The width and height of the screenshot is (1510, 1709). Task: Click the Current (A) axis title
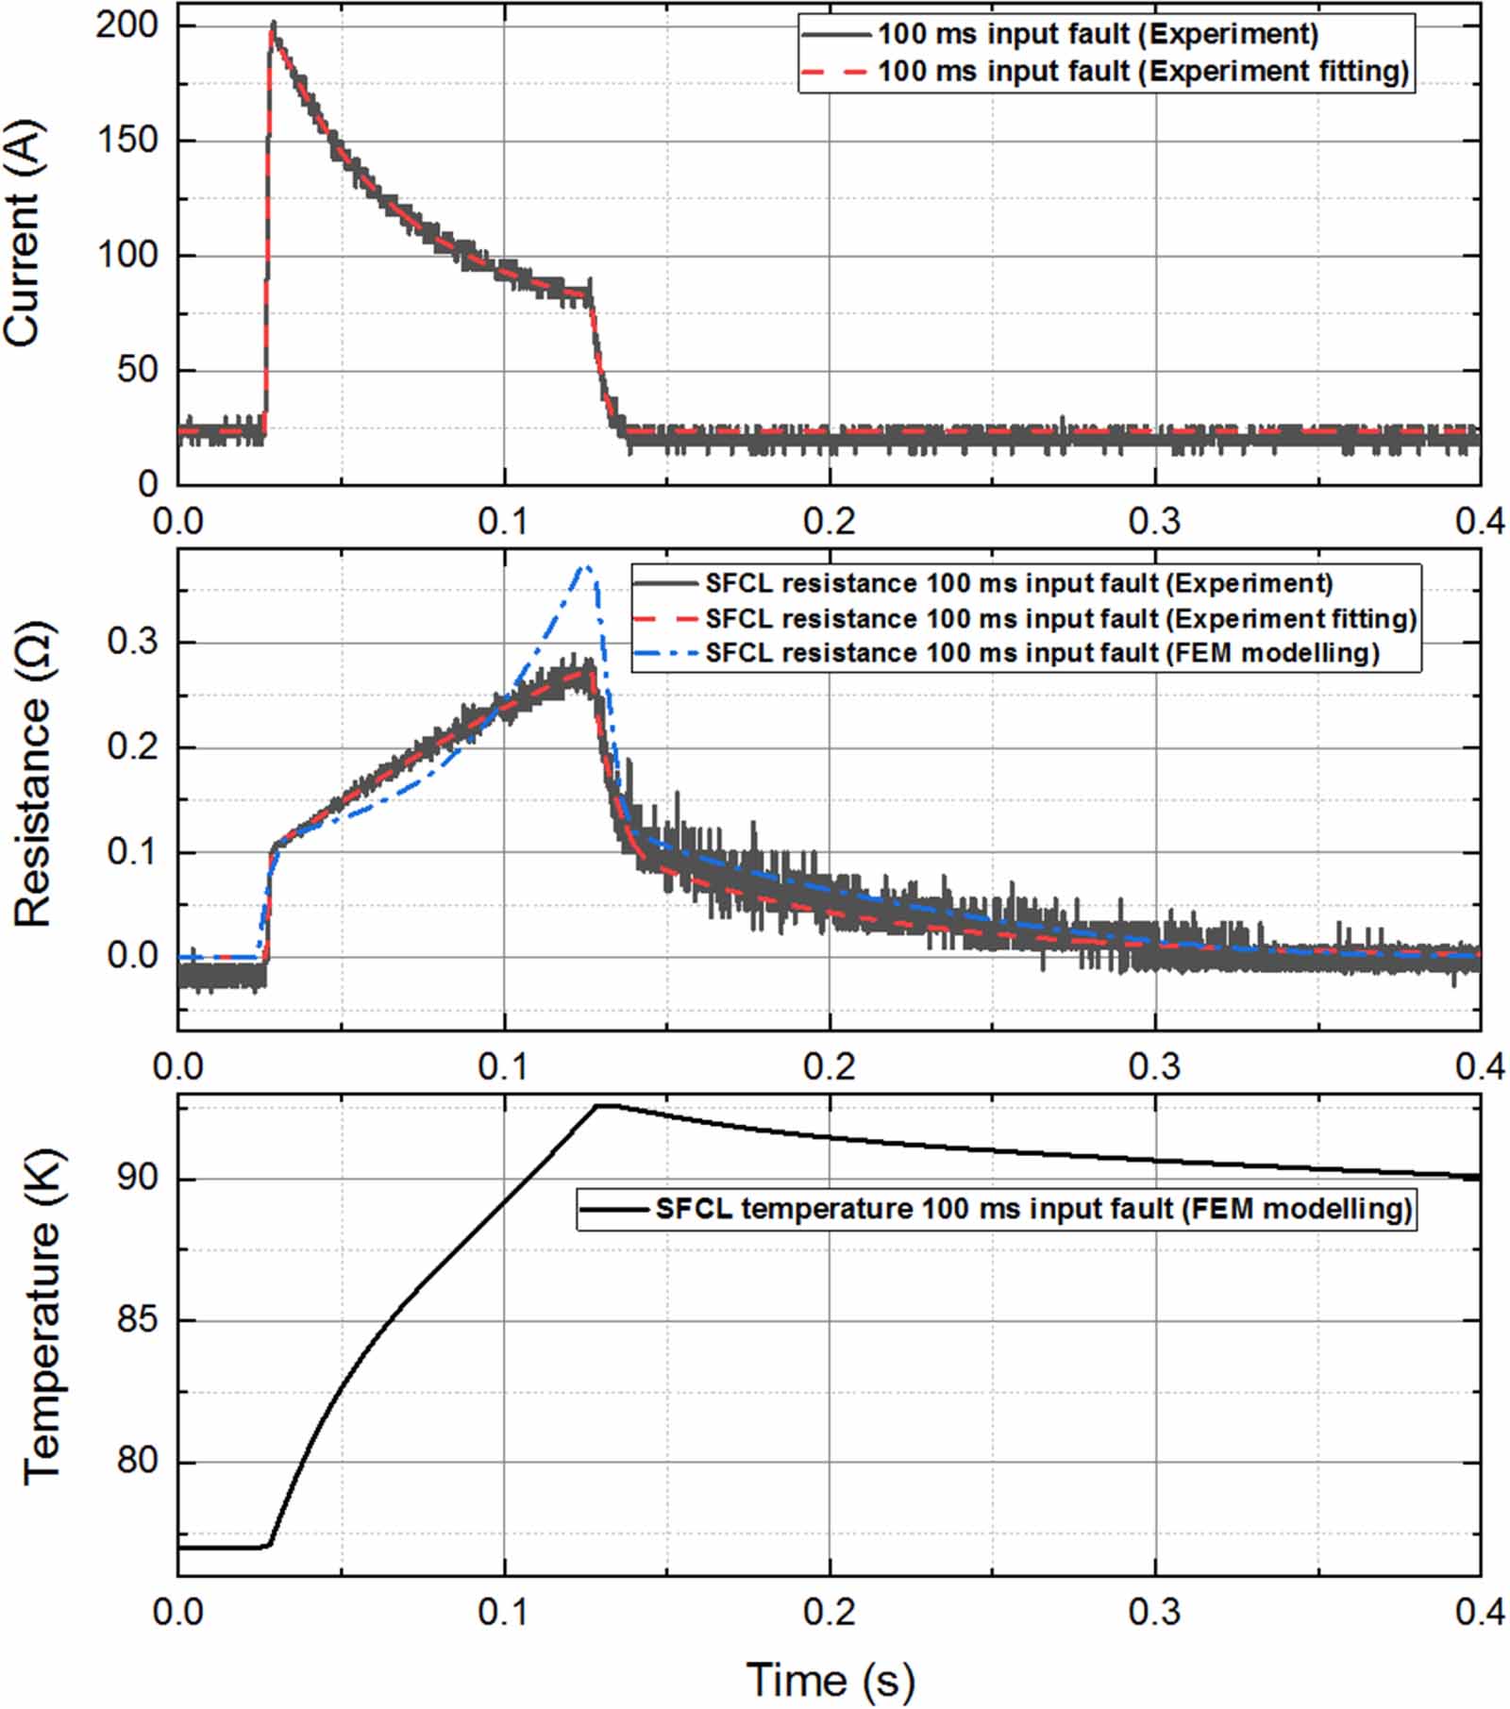(x=25, y=233)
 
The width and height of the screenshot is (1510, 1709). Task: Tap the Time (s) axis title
(x=830, y=1680)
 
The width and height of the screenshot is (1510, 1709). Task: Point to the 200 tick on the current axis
(x=126, y=25)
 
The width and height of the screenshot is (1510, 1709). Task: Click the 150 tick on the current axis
(x=126, y=141)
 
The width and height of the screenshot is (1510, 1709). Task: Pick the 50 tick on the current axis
(x=138, y=370)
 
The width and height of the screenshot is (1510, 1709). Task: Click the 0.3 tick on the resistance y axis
(x=133, y=642)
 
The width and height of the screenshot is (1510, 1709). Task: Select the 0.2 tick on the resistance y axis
(x=133, y=746)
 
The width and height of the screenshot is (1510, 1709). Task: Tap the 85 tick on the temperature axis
(x=137, y=1319)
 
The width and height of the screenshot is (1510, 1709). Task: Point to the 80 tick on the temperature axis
(x=137, y=1461)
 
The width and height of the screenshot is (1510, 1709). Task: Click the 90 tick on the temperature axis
(x=137, y=1179)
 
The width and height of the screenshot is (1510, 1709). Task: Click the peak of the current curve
(x=273, y=25)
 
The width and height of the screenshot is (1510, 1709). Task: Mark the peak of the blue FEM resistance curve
(x=587, y=567)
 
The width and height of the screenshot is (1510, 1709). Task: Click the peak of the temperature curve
(x=604, y=1105)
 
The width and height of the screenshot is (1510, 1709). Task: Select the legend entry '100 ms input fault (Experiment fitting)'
(x=1143, y=72)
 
